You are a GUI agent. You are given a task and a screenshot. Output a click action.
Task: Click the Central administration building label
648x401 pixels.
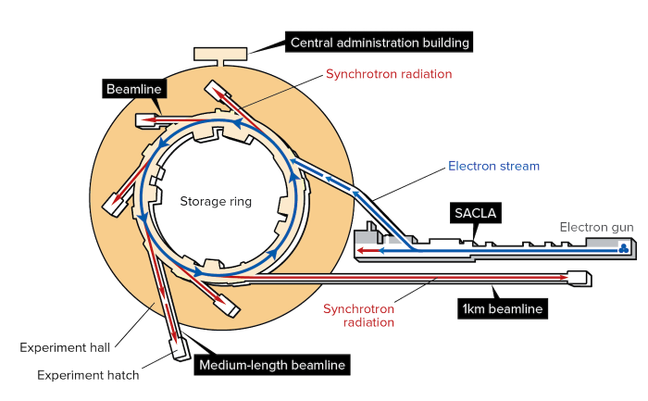(x=380, y=42)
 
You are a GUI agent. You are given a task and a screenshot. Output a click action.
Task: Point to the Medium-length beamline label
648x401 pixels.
(x=272, y=365)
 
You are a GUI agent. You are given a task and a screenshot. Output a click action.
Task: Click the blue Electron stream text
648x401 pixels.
(x=493, y=168)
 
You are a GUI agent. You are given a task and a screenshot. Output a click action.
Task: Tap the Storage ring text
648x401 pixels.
(x=215, y=201)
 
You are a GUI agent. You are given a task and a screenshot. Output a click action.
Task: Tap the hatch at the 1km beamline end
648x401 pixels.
(x=579, y=277)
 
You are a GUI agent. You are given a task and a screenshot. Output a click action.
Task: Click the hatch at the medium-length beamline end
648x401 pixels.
(x=179, y=349)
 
